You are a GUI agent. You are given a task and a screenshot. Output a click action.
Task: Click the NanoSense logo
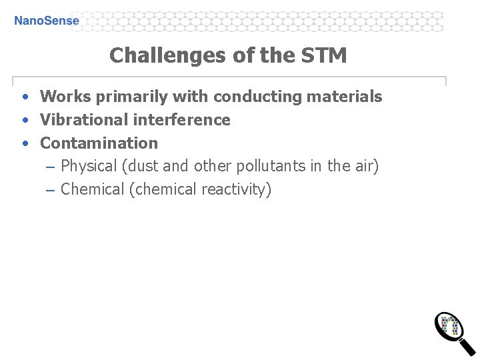click(46, 21)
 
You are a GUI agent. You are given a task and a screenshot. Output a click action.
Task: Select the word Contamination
click(99, 143)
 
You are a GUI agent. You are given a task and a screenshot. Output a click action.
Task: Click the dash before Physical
click(51, 167)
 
